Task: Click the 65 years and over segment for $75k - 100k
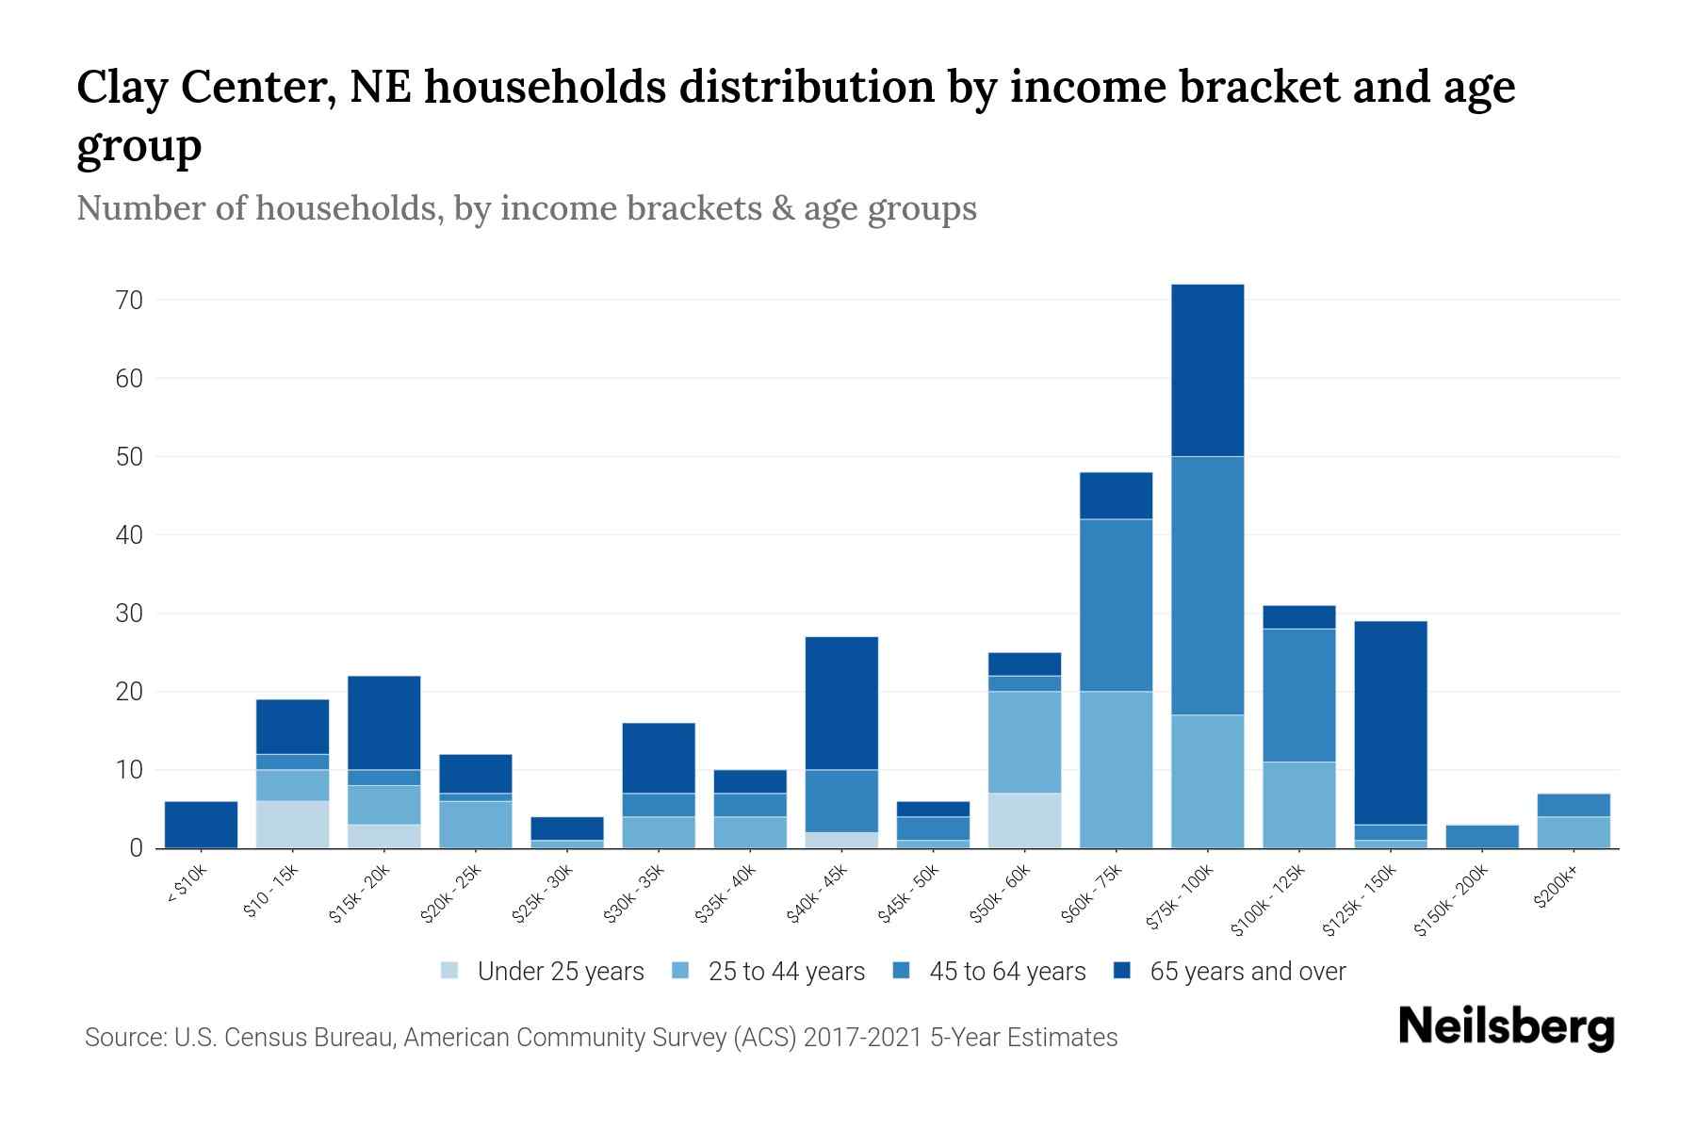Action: pos(1207,370)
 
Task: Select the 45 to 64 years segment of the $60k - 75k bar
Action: pos(1116,605)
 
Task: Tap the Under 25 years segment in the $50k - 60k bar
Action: pos(1024,820)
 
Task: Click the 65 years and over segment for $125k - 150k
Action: pos(1390,723)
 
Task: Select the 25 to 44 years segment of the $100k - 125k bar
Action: pos(1298,805)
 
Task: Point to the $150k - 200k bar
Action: pos(1481,837)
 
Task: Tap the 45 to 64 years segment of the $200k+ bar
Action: pos(1573,805)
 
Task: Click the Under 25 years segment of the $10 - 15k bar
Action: pos(292,825)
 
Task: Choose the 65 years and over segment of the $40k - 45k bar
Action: pos(841,703)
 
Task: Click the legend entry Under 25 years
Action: pos(560,972)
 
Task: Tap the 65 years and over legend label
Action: pos(1248,972)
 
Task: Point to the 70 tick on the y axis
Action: pos(129,301)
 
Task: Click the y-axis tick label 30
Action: pos(129,614)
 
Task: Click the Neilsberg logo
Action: pos(1506,1027)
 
